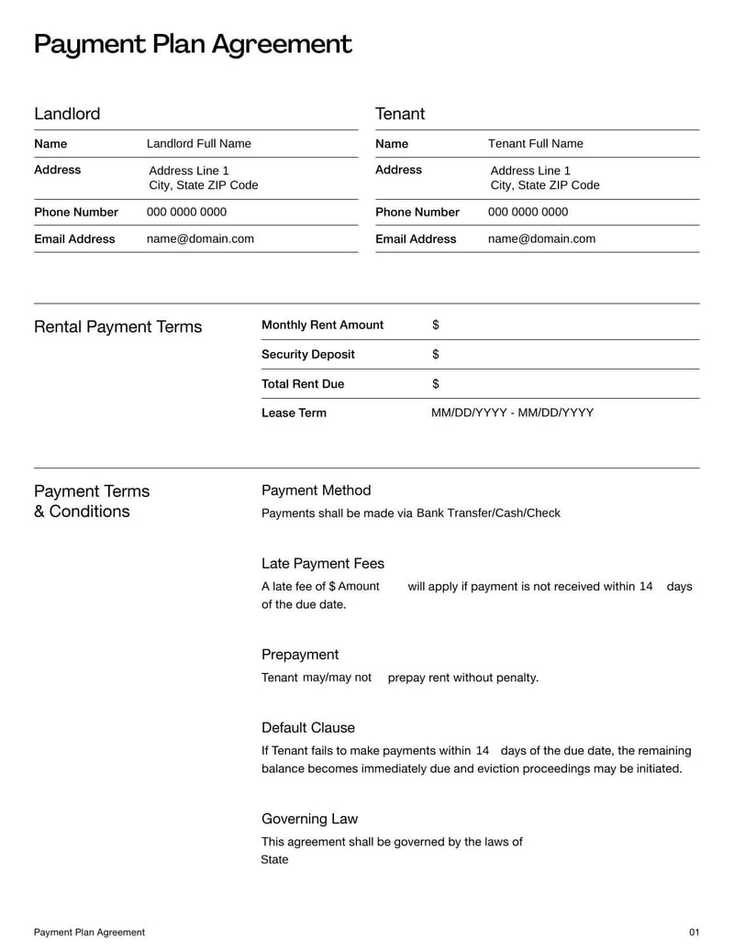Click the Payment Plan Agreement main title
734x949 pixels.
[193, 44]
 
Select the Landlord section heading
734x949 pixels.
[67, 114]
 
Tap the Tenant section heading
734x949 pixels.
[400, 114]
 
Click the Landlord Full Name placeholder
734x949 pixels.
[198, 144]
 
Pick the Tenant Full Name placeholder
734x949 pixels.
[535, 144]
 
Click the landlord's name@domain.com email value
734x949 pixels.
[200, 238]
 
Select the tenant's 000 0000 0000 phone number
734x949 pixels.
[528, 212]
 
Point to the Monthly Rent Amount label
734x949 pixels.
[322, 325]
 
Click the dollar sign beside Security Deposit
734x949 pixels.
[435, 354]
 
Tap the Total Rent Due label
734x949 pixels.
[303, 383]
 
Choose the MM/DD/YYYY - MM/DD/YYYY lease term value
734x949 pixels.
[512, 413]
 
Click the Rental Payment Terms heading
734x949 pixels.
[117, 327]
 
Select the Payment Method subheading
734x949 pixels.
[316, 491]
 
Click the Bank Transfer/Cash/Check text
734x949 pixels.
[488, 513]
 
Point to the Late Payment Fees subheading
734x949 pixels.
[323, 563]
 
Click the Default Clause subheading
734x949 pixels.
[307, 727]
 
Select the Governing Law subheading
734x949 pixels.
[309, 819]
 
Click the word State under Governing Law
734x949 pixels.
[274, 860]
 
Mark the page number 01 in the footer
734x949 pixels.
[694, 932]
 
